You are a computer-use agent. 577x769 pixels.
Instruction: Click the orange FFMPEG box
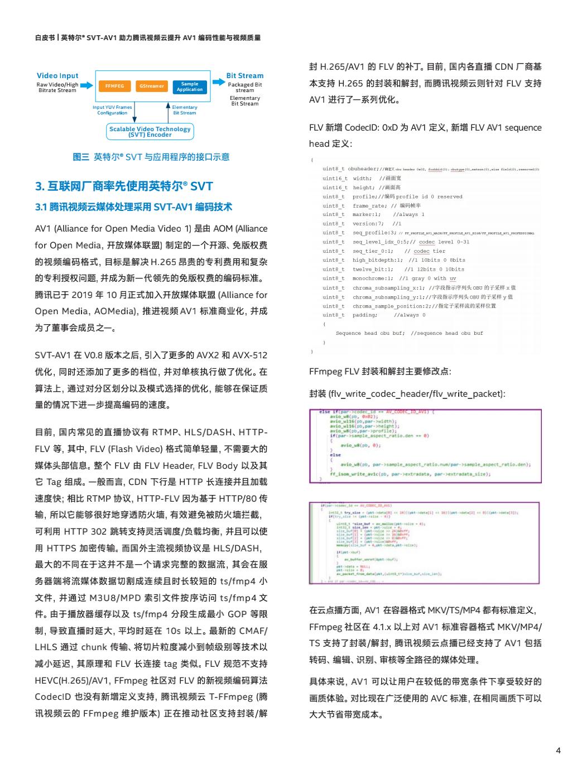click(114, 86)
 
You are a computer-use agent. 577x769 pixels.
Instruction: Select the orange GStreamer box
click(152, 86)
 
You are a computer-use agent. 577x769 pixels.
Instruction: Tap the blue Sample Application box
click(190, 86)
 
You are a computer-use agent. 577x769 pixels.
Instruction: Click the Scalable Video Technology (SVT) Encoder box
click(150, 131)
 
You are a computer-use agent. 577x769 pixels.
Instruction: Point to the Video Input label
click(57, 75)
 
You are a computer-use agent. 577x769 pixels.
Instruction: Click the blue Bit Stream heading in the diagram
click(244, 75)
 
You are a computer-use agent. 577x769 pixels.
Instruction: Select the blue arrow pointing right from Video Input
click(87, 85)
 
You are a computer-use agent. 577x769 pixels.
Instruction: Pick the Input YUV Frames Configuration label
click(112, 110)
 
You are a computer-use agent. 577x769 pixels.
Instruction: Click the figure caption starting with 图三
click(151, 157)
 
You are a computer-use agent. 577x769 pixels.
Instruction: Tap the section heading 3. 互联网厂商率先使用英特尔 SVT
click(124, 186)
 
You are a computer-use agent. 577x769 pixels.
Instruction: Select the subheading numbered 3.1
click(133, 207)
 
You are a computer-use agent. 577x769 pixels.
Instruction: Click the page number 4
click(558, 751)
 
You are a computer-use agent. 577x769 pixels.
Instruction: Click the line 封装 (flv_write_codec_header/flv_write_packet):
click(407, 393)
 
